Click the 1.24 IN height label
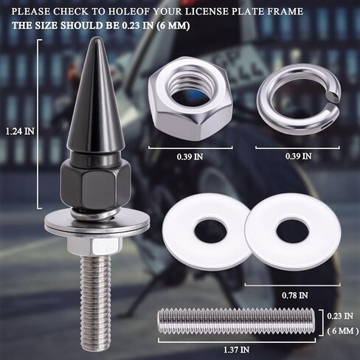coord(20,131)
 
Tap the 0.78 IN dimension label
coord(295,295)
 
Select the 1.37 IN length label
coord(236,350)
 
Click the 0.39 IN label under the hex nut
coord(190,157)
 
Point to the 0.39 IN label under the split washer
coord(299,156)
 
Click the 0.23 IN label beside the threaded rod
coord(340,316)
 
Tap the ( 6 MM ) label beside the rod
coord(343,330)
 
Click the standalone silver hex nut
coord(190,98)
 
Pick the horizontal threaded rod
coord(236,322)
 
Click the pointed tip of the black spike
coord(97,38)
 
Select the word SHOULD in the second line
coord(82,26)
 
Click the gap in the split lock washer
coord(333,96)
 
